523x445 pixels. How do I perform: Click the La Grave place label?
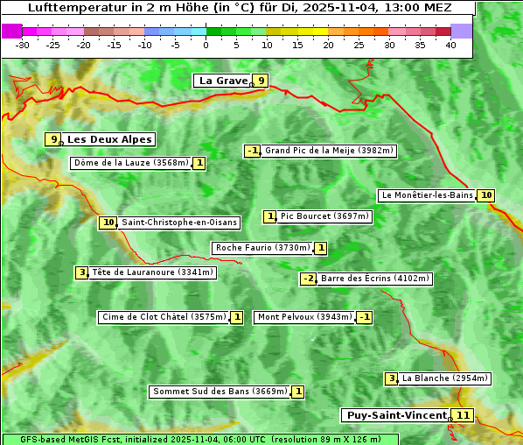[x=223, y=81]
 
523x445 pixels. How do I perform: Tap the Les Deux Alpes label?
[x=110, y=139]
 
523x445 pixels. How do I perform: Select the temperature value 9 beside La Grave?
[x=261, y=81]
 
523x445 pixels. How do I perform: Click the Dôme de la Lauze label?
[x=131, y=163]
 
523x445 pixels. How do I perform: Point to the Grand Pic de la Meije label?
[x=329, y=151]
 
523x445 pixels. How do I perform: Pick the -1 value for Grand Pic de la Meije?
[x=252, y=151]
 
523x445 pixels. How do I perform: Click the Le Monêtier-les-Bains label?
[x=426, y=195]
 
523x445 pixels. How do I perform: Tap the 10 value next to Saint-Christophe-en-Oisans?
[x=108, y=222]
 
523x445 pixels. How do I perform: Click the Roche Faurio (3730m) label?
[x=262, y=248]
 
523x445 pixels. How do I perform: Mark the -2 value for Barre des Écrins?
[x=308, y=279]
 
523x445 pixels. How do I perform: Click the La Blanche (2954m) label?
[x=444, y=378]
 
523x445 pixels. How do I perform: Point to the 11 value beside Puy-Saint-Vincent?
[x=463, y=415]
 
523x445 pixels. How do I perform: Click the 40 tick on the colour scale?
[x=450, y=45]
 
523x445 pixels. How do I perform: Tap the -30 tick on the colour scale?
[x=23, y=45]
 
